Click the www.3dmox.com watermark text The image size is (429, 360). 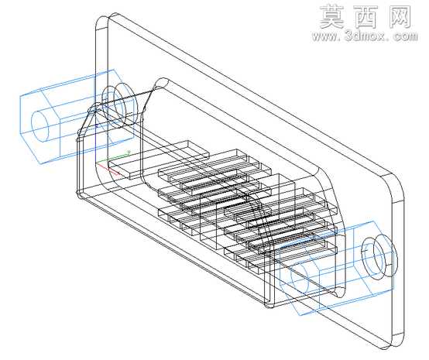pos(365,36)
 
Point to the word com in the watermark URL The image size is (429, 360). pos(405,36)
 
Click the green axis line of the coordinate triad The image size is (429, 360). pos(113,158)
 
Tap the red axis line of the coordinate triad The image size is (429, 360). pos(108,169)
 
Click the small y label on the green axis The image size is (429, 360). pos(129,151)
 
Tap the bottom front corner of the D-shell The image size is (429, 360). pos(269,304)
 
